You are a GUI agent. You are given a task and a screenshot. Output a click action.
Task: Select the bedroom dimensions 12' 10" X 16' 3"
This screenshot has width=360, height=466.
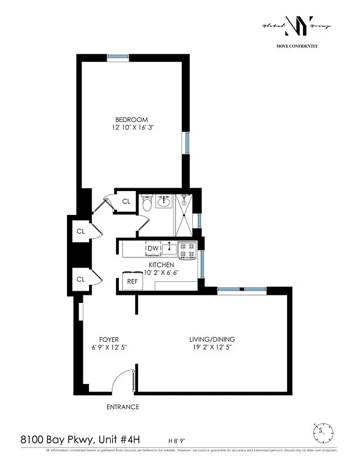[133, 127]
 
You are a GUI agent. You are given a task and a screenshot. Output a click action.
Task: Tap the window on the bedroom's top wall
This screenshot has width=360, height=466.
[118, 57]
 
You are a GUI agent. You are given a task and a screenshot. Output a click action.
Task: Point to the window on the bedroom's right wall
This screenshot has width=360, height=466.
[186, 143]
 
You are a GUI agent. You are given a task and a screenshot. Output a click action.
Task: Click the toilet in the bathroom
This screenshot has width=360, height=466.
[146, 203]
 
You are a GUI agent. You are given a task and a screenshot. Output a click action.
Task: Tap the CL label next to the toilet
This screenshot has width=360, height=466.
[126, 202]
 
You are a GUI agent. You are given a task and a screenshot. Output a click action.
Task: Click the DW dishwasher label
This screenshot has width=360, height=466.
[153, 249]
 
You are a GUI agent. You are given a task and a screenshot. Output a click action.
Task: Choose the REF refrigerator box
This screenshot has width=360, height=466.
[132, 281]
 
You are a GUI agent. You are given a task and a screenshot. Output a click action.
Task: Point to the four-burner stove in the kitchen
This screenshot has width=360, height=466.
[187, 250]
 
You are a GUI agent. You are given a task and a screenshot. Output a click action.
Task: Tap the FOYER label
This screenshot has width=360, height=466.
[109, 340]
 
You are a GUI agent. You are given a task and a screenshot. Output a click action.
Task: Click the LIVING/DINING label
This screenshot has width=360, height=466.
[212, 340]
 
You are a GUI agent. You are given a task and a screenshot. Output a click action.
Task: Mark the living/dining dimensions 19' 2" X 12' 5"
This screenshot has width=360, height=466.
[212, 347]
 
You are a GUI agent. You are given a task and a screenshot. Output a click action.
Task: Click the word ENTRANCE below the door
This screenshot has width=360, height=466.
[122, 407]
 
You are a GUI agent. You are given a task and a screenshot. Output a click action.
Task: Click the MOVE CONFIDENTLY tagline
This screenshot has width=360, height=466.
[297, 45]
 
